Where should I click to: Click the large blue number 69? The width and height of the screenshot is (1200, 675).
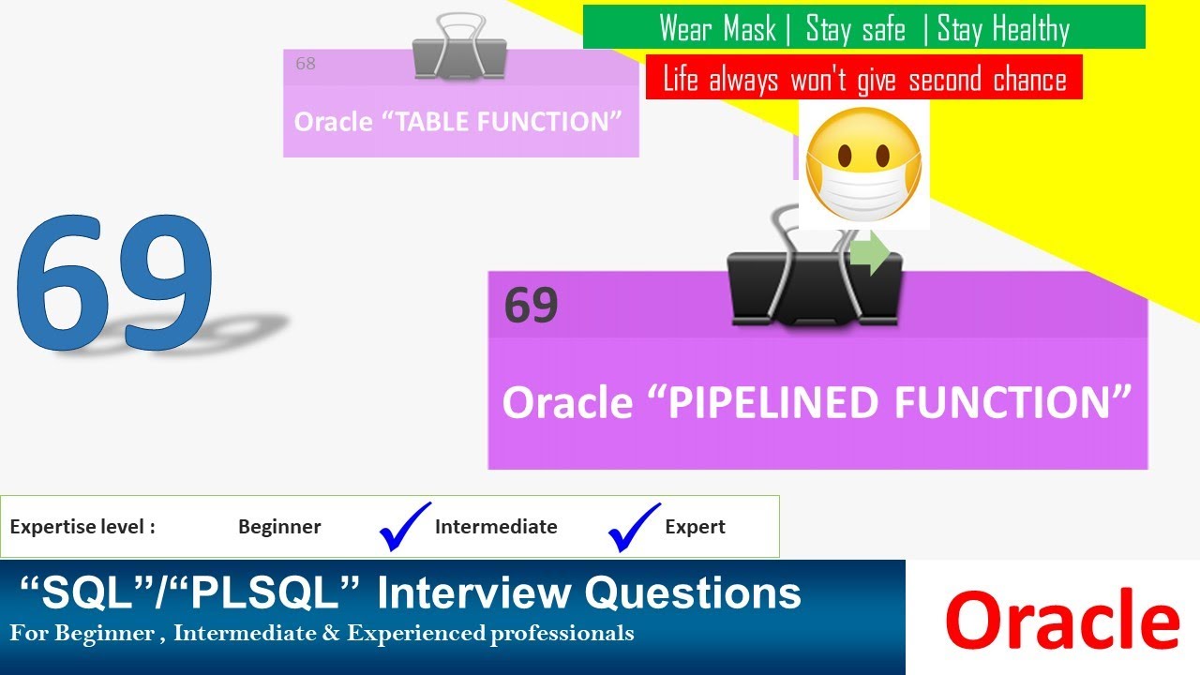(114, 285)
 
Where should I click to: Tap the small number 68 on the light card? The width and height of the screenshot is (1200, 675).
(306, 64)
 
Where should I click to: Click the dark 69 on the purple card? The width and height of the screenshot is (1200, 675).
(531, 305)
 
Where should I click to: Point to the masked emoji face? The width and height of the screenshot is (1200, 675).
(863, 164)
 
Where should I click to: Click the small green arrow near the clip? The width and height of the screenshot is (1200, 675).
(869, 254)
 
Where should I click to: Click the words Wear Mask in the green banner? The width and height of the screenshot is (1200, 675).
(717, 28)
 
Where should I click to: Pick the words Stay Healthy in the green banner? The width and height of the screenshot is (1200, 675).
(1003, 28)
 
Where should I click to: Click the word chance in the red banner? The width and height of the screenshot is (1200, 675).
(1029, 79)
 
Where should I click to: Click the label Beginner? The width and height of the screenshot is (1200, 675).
(279, 527)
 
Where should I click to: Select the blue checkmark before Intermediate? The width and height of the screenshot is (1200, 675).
(405, 527)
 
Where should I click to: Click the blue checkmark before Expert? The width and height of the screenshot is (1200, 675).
(635, 527)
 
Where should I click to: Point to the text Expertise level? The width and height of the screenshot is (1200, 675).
(82, 527)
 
